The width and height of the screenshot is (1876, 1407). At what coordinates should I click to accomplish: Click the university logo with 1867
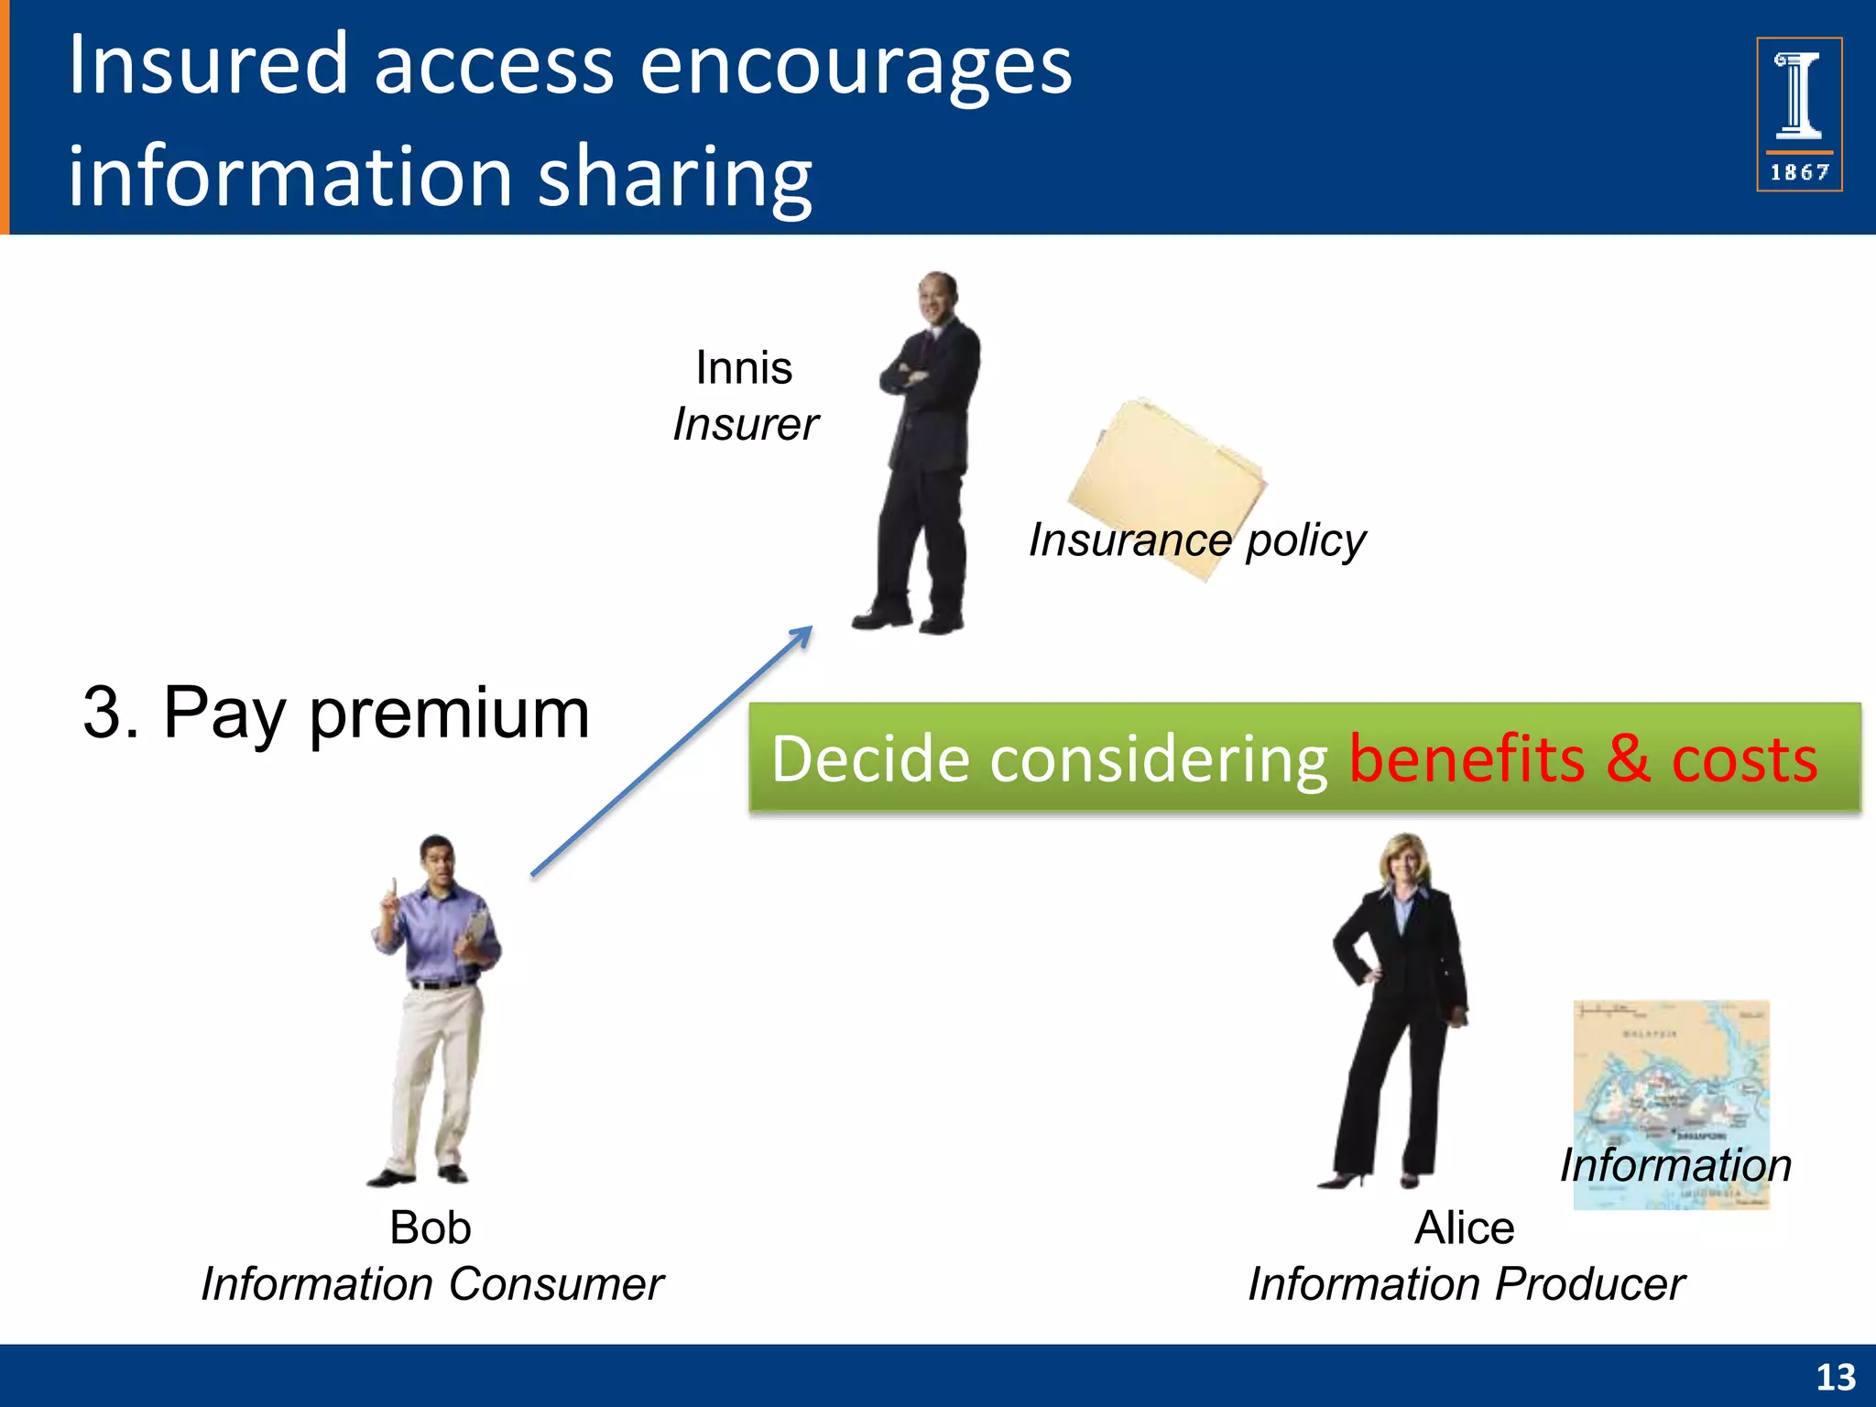(x=1798, y=115)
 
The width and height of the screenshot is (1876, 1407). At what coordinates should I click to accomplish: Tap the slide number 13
(x=1835, y=1377)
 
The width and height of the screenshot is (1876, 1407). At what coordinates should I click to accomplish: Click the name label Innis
(x=744, y=368)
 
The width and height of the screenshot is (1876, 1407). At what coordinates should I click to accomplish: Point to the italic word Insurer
(x=745, y=424)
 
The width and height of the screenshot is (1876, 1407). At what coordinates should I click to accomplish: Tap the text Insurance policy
(x=1196, y=540)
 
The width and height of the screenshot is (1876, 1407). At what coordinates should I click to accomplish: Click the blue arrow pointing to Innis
(x=671, y=751)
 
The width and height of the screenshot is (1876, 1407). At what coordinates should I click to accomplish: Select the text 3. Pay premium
(x=335, y=713)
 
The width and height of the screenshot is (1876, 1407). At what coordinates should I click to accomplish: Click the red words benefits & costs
(x=1582, y=759)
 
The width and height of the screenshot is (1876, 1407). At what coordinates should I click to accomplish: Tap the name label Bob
(x=430, y=1227)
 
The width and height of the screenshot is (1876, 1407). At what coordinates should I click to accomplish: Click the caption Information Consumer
(x=431, y=1284)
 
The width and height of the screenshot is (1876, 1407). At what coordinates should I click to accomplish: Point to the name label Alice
(x=1464, y=1227)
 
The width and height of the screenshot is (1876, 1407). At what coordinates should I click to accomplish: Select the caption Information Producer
(x=1466, y=1284)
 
